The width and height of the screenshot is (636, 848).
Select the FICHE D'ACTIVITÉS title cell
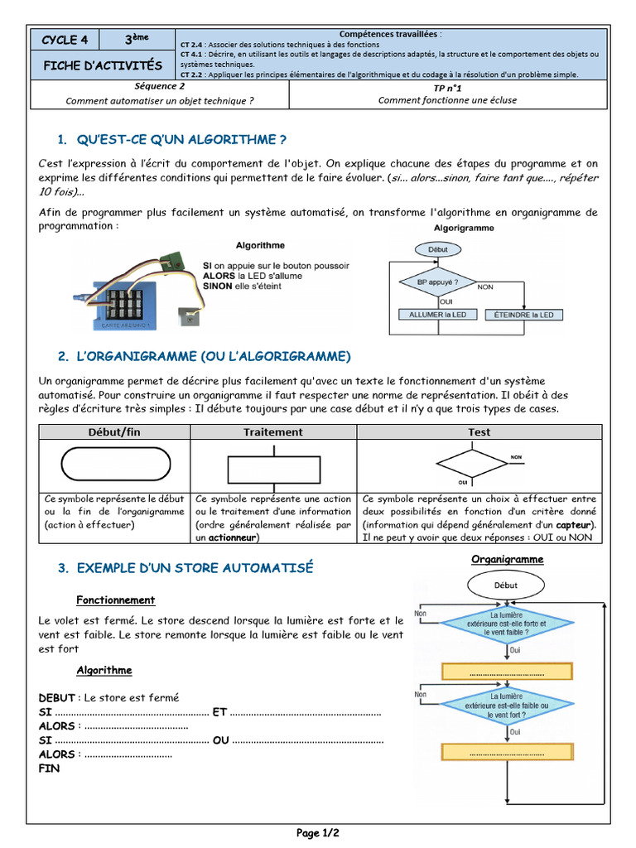pos(103,65)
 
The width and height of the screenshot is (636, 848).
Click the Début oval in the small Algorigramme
pos(438,248)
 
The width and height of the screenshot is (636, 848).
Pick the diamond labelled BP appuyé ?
pos(438,282)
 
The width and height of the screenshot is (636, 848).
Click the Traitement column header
pos(272,432)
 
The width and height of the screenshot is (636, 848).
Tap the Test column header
pos(479,432)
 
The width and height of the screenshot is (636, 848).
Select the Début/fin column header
pos(115,432)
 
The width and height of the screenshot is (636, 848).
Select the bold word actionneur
pos(232,537)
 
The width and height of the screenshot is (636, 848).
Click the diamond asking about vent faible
pos(506,624)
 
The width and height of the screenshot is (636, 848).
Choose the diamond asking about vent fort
pos(506,706)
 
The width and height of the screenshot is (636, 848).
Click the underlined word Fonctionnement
pos(115,600)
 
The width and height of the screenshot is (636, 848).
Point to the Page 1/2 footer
pos(318,833)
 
